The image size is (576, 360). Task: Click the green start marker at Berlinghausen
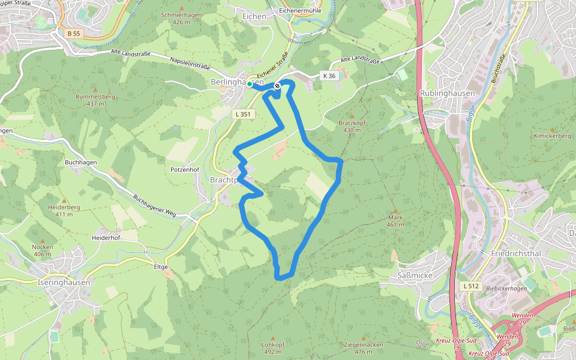tap(250, 85)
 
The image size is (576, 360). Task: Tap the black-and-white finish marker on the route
tap(277, 86)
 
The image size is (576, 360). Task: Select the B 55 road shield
tap(73, 34)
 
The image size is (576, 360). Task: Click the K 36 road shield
tap(329, 76)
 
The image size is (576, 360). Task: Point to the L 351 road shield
tap(242, 114)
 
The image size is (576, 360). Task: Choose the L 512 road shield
tap(471, 287)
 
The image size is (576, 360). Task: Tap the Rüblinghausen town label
tap(447, 94)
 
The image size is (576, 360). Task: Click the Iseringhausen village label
tap(63, 283)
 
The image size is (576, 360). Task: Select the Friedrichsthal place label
tap(516, 253)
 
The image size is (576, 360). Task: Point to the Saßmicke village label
tap(413, 275)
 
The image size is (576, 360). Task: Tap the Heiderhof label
tap(106, 238)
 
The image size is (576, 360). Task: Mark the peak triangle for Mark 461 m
tap(395, 210)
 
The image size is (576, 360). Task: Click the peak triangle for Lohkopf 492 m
tap(272, 338)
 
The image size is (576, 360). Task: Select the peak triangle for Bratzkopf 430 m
tap(352, 115)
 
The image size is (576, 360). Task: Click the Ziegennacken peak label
tap(364, 345)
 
